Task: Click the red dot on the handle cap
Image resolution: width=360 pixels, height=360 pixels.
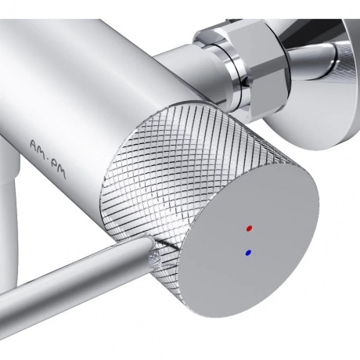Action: point(250,229)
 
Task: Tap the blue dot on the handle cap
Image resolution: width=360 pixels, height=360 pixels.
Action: point(248,253)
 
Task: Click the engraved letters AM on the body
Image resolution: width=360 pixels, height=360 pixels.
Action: point(39,148)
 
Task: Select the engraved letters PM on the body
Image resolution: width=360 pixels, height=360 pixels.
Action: point(59,171)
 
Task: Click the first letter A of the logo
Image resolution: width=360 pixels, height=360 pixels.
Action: point(34,144)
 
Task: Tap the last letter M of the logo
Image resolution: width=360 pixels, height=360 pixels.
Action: point(62,175)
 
